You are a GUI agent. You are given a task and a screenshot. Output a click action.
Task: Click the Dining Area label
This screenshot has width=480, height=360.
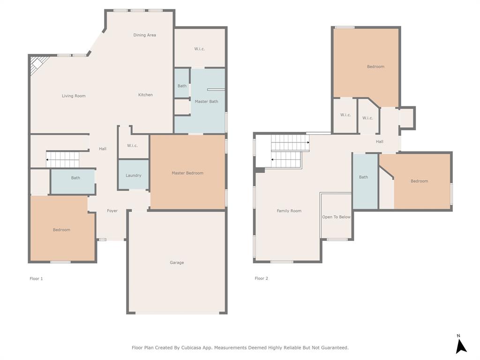click(x=144, y=35)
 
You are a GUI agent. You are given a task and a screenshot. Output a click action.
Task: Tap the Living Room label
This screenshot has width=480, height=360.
click(x=74, y=96)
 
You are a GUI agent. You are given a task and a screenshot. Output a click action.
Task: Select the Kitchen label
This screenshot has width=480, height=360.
click(x=145, y=95)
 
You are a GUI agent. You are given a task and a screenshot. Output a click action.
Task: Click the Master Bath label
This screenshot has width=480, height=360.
click(x=206, y=102)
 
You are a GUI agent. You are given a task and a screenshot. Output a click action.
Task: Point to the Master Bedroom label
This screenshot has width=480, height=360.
click(x=187, y=173)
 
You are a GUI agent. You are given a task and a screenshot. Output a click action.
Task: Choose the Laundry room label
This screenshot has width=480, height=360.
click(x=134, y=176)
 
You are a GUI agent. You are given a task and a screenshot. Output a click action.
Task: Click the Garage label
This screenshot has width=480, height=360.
click(x=177, y=263)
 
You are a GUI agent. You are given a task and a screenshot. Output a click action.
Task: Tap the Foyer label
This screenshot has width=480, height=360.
click(x=112, y=211)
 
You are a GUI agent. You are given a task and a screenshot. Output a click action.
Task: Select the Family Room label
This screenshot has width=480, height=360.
click(x=289, y=211)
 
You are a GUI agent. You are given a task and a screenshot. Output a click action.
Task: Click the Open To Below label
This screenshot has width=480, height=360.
click(x=336, y=217)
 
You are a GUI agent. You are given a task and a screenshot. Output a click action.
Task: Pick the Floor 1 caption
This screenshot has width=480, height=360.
click(x=36, y=279)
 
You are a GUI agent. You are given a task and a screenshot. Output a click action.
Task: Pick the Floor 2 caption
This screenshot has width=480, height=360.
click(x=261, y=278)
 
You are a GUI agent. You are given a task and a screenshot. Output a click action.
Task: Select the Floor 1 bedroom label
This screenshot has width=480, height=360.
click(x=61, y=230)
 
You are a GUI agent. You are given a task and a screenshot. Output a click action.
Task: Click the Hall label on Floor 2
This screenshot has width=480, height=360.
click(x=380, y=142)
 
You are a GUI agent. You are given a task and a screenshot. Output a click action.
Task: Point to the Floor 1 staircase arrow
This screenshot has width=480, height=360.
click(x=48, y=160)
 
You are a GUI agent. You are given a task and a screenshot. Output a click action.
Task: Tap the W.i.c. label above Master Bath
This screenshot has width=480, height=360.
click(x=200, y=49)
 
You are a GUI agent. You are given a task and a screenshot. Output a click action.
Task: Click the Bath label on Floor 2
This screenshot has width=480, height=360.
click(x=363, y=177)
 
